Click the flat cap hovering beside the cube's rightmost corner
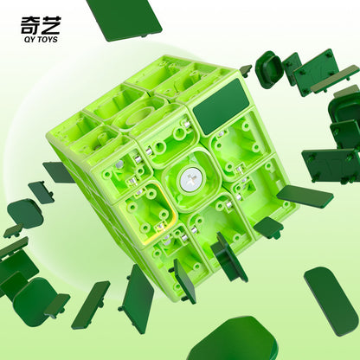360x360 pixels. point(305,196)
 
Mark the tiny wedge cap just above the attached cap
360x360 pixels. point(246,69)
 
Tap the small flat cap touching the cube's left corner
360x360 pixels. point(59,172)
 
